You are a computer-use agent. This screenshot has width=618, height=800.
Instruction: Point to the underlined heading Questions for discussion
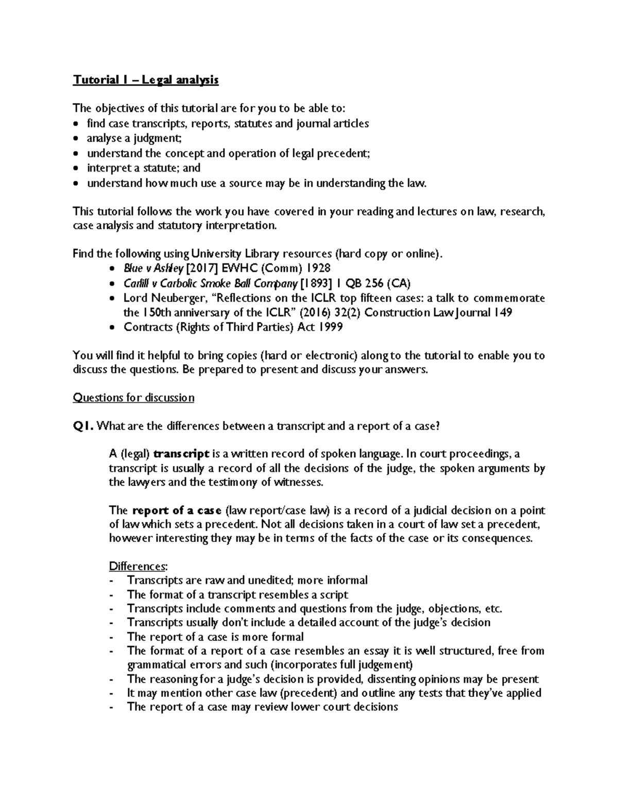[133, 398]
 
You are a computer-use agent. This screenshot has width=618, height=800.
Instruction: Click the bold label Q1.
[83, 426]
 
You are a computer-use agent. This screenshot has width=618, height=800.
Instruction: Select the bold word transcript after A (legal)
[181, 454]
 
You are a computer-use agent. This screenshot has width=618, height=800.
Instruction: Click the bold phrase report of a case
[177, 510]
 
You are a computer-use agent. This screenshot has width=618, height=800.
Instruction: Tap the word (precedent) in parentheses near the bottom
[310, 693]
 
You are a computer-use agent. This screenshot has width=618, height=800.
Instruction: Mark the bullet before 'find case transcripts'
[77, 124]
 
